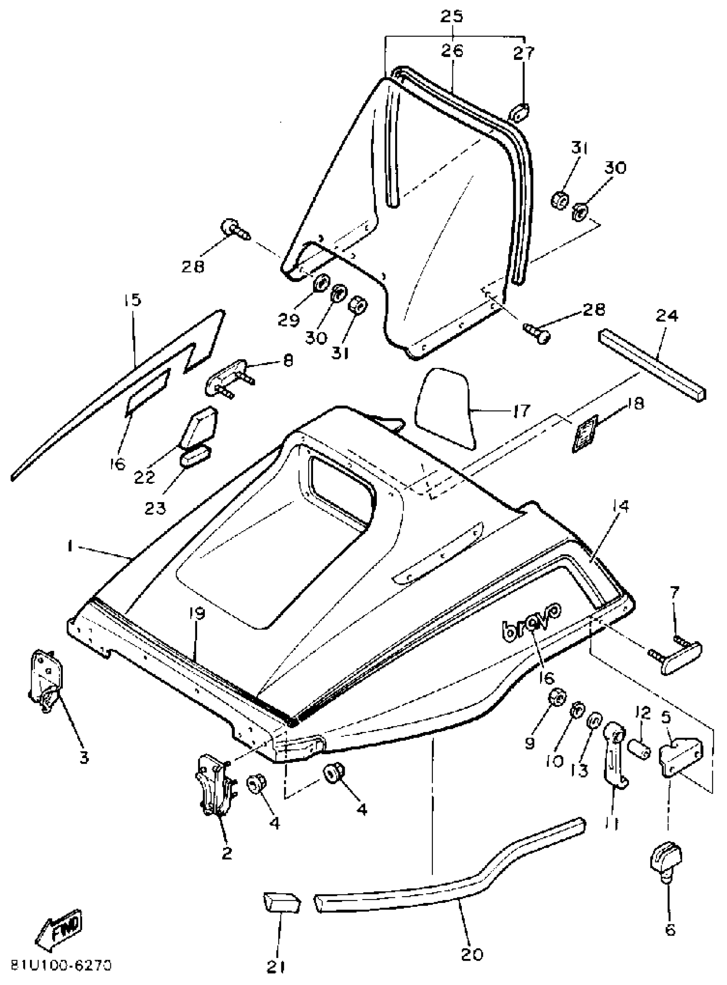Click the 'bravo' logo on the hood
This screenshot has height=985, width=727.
coord(531,620)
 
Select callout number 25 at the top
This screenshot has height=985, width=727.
coord(452,16)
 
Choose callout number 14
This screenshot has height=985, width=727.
coord(619,506)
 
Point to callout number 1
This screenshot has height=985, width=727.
coord(70,547)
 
